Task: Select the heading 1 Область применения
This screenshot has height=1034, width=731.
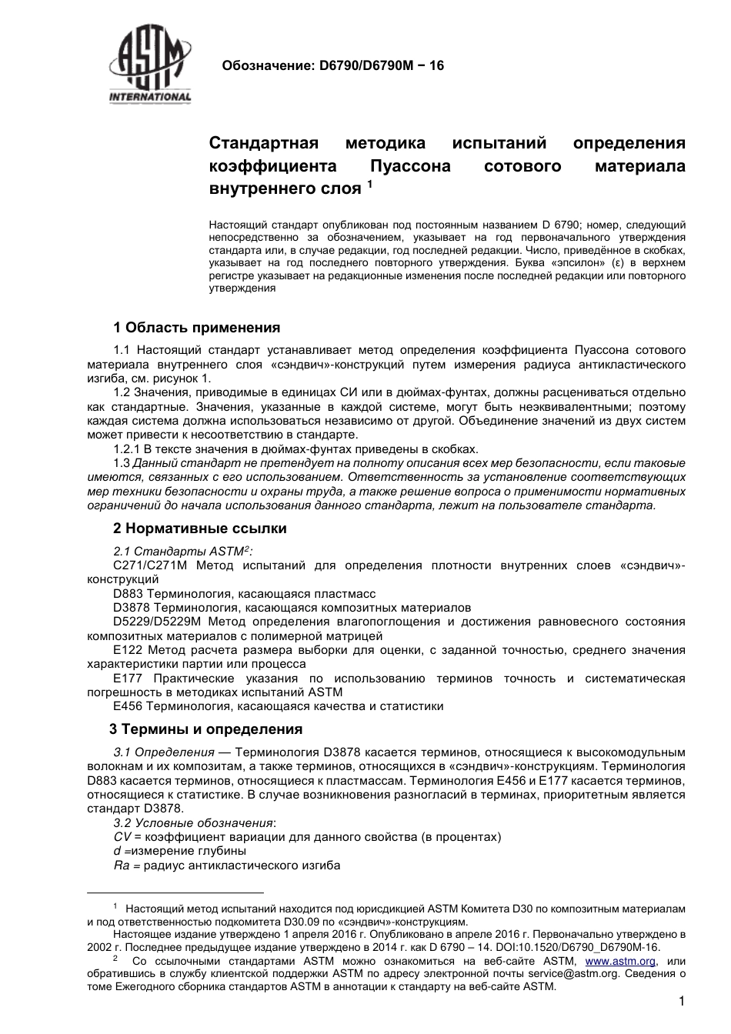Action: click(x=196, y=328)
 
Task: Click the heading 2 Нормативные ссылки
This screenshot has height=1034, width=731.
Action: click(x=199, y=529)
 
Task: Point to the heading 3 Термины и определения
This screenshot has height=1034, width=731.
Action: click(x=206, y=729)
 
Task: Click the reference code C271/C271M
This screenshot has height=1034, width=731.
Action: click(x=149, y=565)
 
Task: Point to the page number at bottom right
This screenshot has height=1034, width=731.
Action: click(x=682, y=1002)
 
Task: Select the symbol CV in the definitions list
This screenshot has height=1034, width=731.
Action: click(x=122, y=836)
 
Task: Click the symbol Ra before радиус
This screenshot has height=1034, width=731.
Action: click(x=121, y=866)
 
